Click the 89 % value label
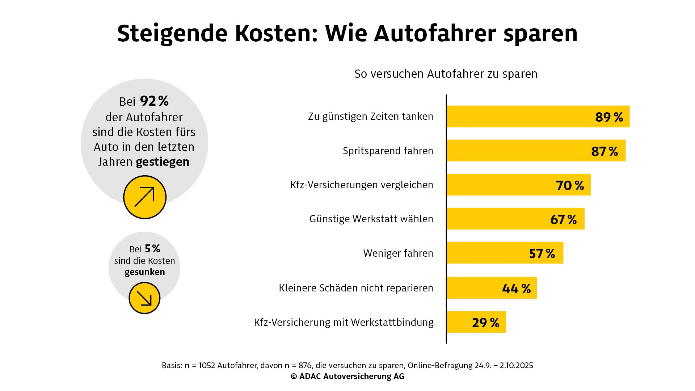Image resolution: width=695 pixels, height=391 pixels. point(609,117)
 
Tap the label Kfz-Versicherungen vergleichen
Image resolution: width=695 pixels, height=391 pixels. point(361,185)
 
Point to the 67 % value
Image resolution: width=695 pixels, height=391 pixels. point(563,219)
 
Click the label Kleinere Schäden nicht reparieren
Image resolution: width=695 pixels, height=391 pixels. point(356,288)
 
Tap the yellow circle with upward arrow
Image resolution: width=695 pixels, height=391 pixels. point(144,197)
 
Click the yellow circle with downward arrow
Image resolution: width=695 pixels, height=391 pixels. point(144,298)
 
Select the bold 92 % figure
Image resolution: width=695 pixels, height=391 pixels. point(154,101)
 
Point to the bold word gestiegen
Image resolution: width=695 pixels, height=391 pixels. point(163,162)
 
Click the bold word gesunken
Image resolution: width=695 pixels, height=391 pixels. point(144,272)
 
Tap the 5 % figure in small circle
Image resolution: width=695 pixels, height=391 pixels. point(152,249)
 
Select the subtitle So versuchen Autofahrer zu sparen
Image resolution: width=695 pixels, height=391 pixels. point(446,74)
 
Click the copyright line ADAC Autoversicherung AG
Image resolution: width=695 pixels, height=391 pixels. point(347,377)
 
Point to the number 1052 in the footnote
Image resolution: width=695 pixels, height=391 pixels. point(207,366)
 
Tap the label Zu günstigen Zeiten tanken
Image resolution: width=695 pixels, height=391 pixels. point(370,117)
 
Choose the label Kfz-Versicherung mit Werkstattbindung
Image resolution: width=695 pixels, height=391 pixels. point(344,322)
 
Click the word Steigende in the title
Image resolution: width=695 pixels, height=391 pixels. point(172,33)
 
